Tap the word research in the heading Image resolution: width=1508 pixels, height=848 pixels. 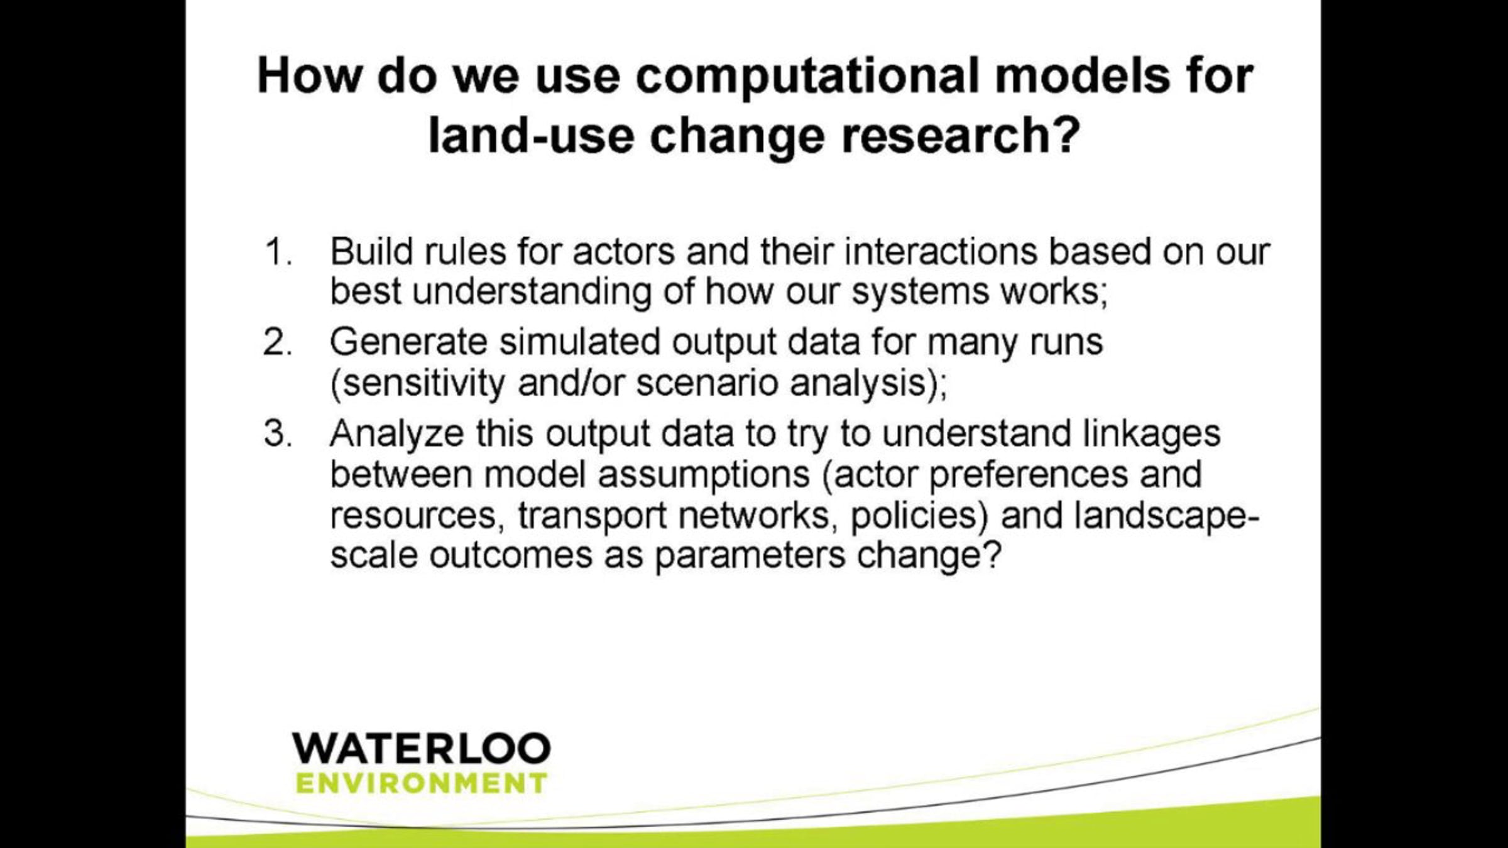[959, 136]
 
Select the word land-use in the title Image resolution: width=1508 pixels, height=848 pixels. [531, 136]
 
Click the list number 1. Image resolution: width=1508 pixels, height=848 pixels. [278, 252]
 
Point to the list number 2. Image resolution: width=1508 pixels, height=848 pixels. [278, 342]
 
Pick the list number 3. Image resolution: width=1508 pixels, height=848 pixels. [278, 433]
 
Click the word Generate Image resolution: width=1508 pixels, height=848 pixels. [408, 342]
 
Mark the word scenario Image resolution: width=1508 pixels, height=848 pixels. [707, 384]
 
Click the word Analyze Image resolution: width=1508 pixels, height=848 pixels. [396, 433]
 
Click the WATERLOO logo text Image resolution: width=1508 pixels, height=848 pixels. [421, 748]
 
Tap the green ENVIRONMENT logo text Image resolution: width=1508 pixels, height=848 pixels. [421, 783]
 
